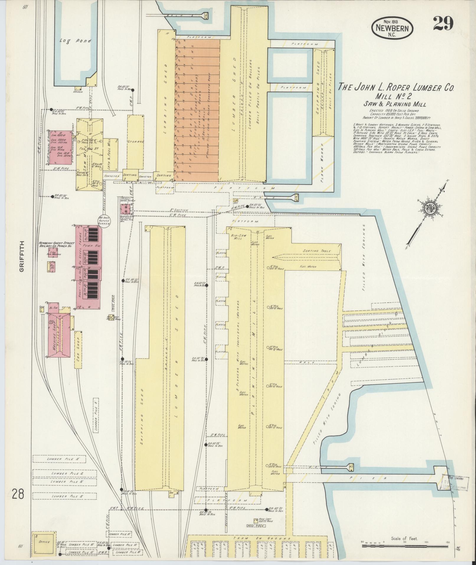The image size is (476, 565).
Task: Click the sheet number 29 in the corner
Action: [x=443, y=24]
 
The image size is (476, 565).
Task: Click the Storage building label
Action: [x=136, y=142]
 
